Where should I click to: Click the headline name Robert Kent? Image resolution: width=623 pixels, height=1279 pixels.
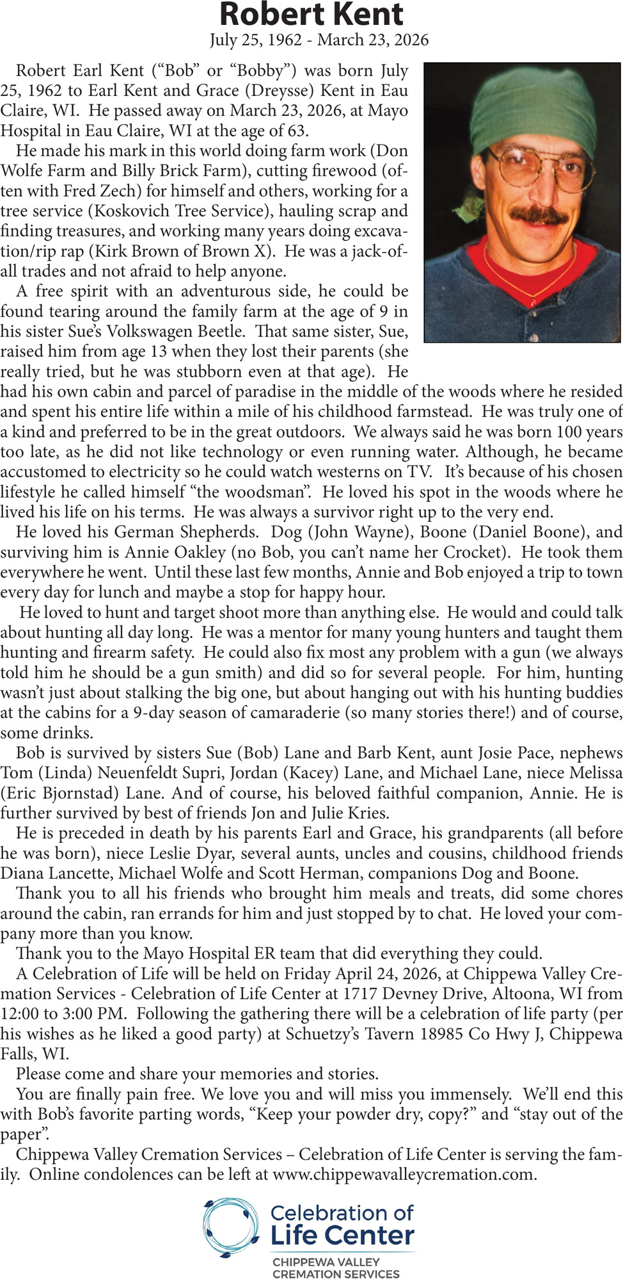311,14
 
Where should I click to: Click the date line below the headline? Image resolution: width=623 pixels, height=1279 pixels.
319,40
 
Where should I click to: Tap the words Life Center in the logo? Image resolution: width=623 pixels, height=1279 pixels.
342,1236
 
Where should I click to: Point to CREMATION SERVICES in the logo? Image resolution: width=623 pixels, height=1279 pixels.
335,1273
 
